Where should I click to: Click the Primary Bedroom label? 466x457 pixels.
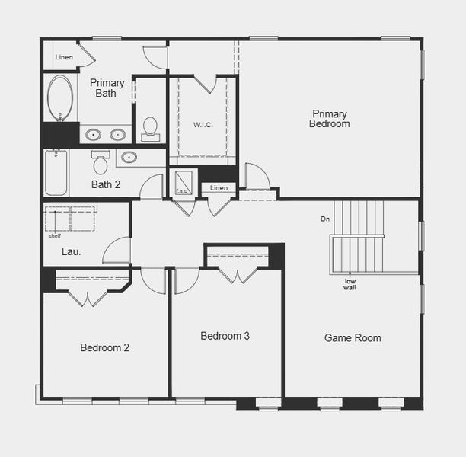330,119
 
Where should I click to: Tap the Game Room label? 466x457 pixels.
353,337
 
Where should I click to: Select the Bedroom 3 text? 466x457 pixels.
225,336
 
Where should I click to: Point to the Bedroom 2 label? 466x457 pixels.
104,347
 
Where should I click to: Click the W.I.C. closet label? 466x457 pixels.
203,123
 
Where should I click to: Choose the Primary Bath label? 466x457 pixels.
107,88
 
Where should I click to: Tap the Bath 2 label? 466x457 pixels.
106,184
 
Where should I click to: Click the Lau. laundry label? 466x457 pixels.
71,251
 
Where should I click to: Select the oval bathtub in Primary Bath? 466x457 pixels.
60,97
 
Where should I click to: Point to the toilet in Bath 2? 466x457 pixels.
100,163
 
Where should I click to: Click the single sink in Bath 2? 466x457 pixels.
129,158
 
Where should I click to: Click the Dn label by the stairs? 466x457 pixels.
325,219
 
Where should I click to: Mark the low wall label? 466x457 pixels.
349,283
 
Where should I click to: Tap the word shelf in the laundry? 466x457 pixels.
54,235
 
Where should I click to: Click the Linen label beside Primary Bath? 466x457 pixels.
64,57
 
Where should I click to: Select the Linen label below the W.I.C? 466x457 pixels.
219,187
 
